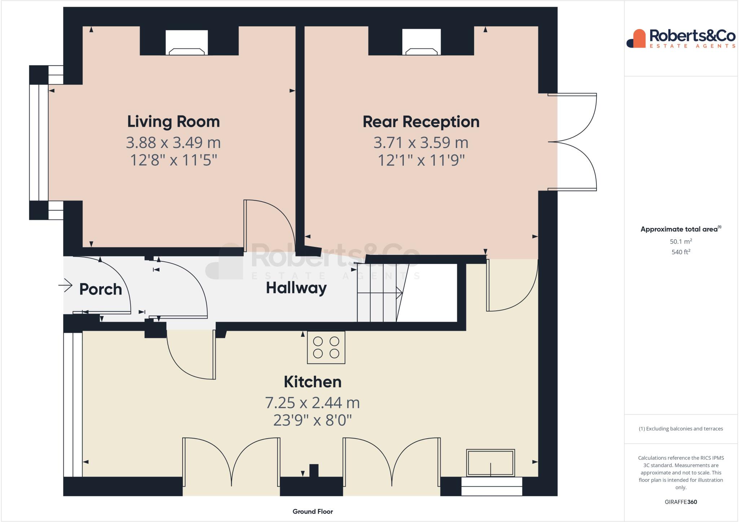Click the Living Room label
pos(173,121)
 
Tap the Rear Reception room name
pos(421,122)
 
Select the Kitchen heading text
pos(312,382)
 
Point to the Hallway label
pos(296,288)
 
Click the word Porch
pos(100,289)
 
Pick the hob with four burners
pos(326,347)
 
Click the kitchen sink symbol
pos(490,463)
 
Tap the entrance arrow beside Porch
pos(65,286)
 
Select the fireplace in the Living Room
pos(187,43)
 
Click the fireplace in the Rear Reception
pos(421,43)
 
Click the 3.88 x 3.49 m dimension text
pos(173,142)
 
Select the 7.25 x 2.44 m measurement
pos(312,403)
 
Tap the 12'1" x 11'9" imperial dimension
pos(421,160)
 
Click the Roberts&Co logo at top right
pos(681,39)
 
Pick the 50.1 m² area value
pos(681,242)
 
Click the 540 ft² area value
pos(681,252)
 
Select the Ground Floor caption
pos(312,511)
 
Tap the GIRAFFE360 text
pos(681,502)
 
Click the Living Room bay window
pos(39,143)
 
